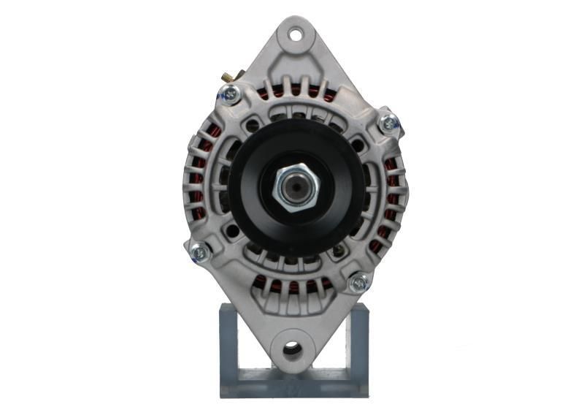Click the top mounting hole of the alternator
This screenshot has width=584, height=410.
tap(295, 34)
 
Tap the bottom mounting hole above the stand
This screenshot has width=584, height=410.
tap(293, 349)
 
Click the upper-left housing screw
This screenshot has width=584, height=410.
tap(229, 94)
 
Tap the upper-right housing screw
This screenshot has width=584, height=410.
tap(389, 124)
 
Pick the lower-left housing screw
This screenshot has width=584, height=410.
tap(199, 252)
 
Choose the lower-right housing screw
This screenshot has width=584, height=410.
tap(358, 282)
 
